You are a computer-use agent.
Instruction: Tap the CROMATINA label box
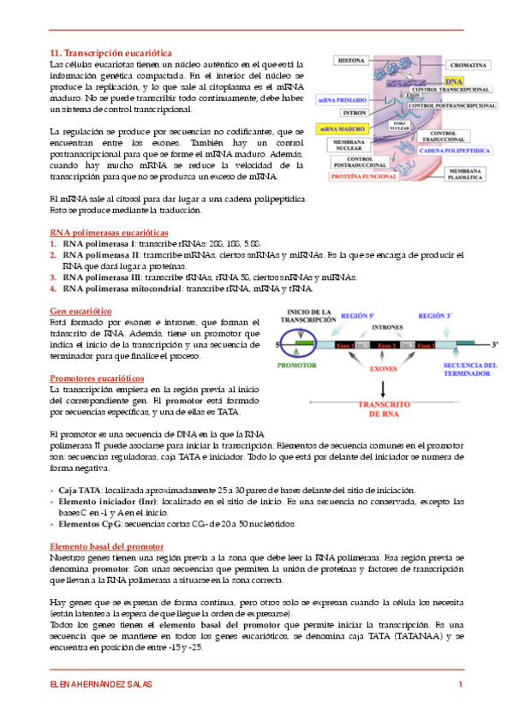469,65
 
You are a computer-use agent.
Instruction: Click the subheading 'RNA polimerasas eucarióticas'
109,233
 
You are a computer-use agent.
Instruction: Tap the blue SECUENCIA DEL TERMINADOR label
469,368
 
